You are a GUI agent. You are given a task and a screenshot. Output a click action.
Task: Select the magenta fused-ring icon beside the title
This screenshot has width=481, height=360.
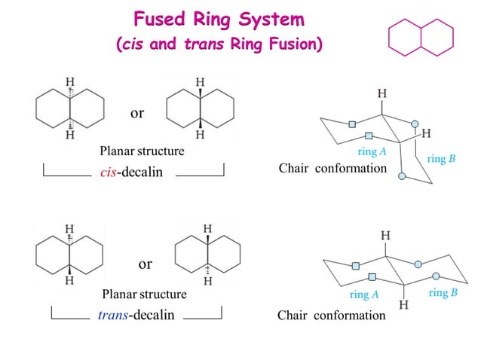click(x=421, y=36)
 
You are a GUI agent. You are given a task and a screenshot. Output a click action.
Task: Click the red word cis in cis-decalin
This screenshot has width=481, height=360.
click(x=109, y=172)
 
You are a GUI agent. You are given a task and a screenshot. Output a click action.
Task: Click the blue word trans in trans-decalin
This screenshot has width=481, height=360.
click(x=112, y=315)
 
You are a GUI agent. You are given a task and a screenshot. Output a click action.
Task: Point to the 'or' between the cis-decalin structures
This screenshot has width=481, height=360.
click(x=136, y=114)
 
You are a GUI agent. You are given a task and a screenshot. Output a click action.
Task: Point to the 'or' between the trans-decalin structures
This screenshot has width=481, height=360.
click(x=145, y=264)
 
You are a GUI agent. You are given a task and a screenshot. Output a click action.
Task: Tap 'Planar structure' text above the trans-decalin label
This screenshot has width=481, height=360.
click(x=144, y=294)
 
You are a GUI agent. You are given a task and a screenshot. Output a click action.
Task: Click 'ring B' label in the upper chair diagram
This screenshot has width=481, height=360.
click(x=441, y=159)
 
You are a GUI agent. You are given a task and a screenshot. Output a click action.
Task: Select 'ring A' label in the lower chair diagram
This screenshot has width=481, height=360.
click(x=364, y=294)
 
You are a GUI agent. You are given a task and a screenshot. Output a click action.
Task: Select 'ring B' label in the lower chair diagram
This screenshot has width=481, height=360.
click(x=443, y=293)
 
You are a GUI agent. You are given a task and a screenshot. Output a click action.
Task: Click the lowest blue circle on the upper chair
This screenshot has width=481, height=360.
click(x=403, y=176)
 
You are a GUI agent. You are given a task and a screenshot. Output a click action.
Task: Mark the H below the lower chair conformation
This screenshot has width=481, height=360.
click(x=403, y=305)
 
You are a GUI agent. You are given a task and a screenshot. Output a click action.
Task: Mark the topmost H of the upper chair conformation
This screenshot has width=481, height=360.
click(x=382, y=93)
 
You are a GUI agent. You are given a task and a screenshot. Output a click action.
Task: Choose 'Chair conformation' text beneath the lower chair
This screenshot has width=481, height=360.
click(x=332, y=316)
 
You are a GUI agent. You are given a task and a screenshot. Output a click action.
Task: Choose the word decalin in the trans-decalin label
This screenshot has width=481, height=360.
click(x=153, y=315)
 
